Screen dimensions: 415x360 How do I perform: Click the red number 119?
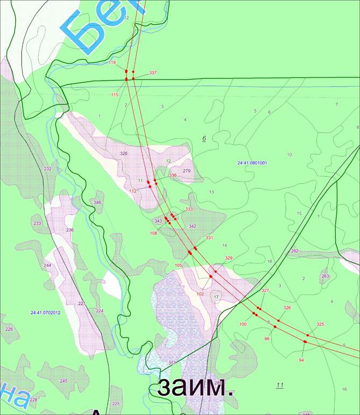click(112, 63)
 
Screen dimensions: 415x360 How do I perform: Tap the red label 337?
click(153, 73)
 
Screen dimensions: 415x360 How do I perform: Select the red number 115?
click(115, 95)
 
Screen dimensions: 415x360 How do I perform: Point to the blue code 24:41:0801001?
click(252, 162)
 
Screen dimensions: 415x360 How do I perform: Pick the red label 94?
click(301, 359)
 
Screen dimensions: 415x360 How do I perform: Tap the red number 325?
click(320, 324)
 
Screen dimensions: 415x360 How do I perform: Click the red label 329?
click(229, 259)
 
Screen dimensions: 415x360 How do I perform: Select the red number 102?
click(200, 294)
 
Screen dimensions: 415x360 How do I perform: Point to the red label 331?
click(209, 238)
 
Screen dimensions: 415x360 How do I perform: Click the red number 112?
click(133, 191)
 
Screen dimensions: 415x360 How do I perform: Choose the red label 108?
click(153, 233)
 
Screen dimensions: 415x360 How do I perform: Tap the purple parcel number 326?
click(124, 154)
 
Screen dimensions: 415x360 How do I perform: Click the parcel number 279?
click(187, 171)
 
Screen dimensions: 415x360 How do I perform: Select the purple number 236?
click(69, 230)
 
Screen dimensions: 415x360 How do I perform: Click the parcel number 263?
click(324, 276)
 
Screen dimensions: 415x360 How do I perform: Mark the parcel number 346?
click(97, 202)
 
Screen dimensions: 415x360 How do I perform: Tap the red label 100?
click(243, 324)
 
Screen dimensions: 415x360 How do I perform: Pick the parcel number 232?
click(47, 169)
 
